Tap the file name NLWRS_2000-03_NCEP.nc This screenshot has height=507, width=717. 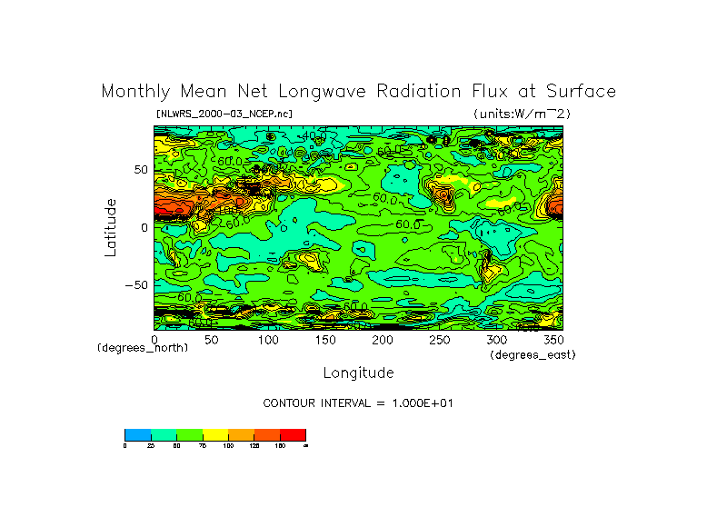tap(224, 114)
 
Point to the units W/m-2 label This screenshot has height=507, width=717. tap(522, 114)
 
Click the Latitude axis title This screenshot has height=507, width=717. tap(110, 227)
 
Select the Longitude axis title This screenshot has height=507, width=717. tap(358, 373)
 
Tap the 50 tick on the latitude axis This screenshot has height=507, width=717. tap(141, 170)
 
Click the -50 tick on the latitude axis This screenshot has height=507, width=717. tap(137, 284)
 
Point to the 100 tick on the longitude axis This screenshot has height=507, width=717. tap(268, 339)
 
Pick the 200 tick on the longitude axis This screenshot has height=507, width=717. tap(382, 339)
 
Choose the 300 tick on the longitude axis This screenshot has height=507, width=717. tap(495, 339)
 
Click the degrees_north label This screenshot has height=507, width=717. tap(143, 348)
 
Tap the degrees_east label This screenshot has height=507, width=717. tap(533, 354)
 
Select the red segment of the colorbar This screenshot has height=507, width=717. tap(294, 434)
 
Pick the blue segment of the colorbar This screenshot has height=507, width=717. tap(137, 434)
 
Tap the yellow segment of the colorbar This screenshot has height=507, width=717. tap(215, 434)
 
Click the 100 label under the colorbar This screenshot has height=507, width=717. tap(228, 445)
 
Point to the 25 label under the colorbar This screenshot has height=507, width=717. tap(151, 445)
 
